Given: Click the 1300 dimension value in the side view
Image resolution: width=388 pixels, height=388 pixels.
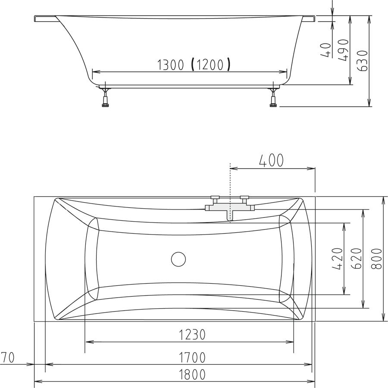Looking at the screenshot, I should [171, 65].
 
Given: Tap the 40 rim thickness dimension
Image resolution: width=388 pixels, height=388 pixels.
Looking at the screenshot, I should [326, 50].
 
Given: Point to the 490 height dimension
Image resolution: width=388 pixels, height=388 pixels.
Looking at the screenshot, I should [343, 50].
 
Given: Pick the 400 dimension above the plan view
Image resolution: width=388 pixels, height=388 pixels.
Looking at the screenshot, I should [271, 161].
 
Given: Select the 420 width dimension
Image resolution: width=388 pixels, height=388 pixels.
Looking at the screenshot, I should [338, 259].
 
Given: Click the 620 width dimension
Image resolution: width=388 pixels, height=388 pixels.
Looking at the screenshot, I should [357, 259].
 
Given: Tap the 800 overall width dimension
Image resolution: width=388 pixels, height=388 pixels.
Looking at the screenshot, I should [376, 259].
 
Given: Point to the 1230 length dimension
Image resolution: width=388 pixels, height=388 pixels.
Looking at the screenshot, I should [192, 334].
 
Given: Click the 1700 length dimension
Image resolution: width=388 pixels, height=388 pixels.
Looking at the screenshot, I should [192, 357].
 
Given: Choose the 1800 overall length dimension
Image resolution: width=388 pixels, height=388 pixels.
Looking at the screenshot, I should [192, 375].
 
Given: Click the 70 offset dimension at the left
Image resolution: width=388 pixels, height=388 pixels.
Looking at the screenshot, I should [8, 357].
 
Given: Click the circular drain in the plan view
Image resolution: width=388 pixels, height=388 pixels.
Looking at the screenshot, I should [178, 259].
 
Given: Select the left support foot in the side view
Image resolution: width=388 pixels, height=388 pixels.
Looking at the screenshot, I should [105, 98].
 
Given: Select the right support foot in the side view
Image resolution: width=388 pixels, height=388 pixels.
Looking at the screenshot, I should [273, 98].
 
